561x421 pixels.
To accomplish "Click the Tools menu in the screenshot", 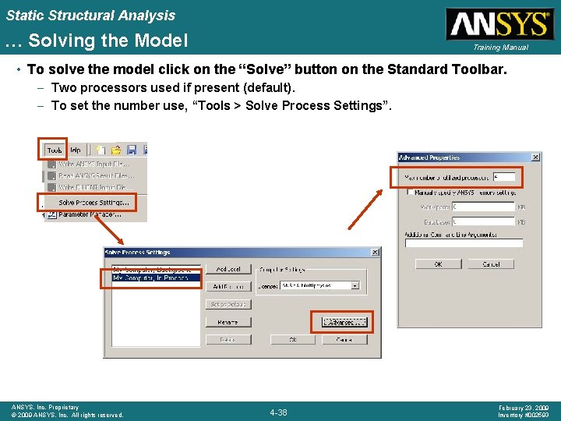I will (x=55, y=150).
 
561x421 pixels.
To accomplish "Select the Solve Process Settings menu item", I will (x=93, y=203).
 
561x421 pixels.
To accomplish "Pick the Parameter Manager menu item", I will (x=90, y=214).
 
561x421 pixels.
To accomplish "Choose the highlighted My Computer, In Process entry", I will (x=152, y=278).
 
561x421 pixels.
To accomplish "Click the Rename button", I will (x=228, y=322).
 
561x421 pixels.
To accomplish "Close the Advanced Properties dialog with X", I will (x=535, y=157).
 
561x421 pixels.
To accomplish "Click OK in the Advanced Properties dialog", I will (x=438, y=264).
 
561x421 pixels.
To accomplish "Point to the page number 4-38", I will (x=278, y=412).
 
